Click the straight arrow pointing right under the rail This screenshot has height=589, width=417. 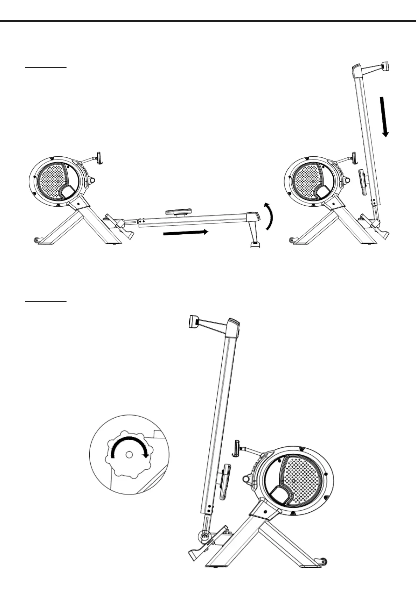[186, 233]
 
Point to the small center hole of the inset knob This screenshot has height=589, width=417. [129, 454]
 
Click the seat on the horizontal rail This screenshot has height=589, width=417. [179, 212]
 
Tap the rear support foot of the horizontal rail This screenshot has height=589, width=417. [255, 244]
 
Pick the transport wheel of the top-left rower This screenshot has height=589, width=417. [36, 240]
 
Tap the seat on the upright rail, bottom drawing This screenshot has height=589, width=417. [225, 482]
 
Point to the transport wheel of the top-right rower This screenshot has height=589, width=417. [291, 240]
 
